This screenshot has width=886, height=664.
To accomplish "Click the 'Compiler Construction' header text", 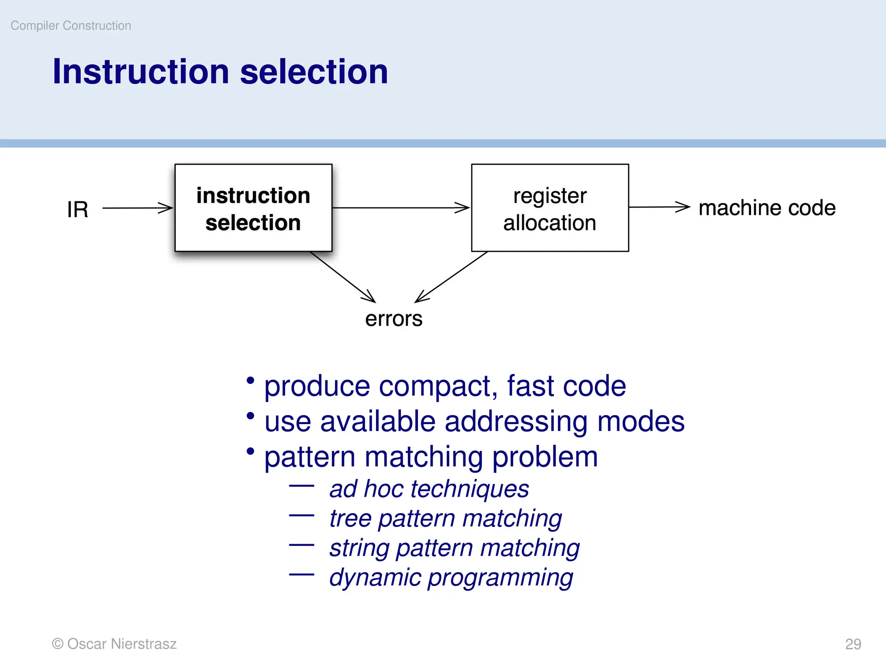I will [x=71, y=26].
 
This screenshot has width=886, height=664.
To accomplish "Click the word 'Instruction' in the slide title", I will [x=141, y=72].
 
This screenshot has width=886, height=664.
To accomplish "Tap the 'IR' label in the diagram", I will [x=77, y=210].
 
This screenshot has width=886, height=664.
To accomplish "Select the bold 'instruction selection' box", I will [x=253, y=208].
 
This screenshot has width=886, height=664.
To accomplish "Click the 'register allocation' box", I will [x=549, y=208].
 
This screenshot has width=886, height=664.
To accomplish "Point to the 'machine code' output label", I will [x=767, y=208].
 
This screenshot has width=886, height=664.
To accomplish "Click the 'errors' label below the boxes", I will [x=393, y=319].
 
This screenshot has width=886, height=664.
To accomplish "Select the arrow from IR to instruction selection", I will [x=138, y=208].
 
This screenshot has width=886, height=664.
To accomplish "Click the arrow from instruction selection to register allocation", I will [x=400, y=208].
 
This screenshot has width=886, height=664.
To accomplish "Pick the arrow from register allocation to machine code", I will [x=658, y=207].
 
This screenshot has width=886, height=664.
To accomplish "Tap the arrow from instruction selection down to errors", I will [x=343, y=277].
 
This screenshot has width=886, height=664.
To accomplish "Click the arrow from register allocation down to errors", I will [x=451, y=277].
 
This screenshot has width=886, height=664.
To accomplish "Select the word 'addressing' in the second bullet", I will [x=516, y=421].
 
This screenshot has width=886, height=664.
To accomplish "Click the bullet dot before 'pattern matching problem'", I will [x=250, y=451].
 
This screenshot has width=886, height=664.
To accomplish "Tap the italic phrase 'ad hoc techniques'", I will [x=429, y=489].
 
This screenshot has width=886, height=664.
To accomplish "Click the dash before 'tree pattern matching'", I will [x=302, y=515].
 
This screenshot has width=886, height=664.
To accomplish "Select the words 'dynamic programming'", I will [x=451, y=578].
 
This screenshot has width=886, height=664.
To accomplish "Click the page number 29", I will [x=853, y=644].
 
